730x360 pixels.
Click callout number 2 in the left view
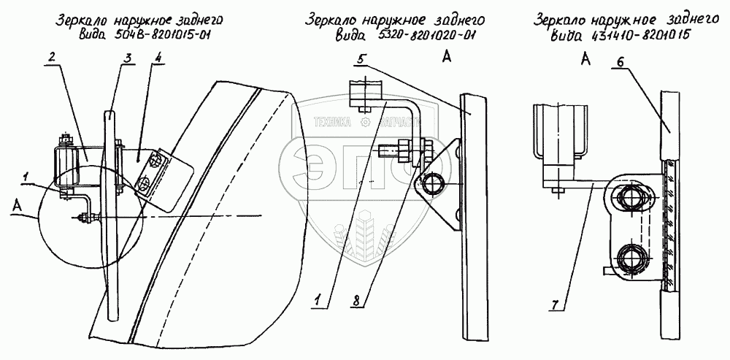[x=53, y=56]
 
